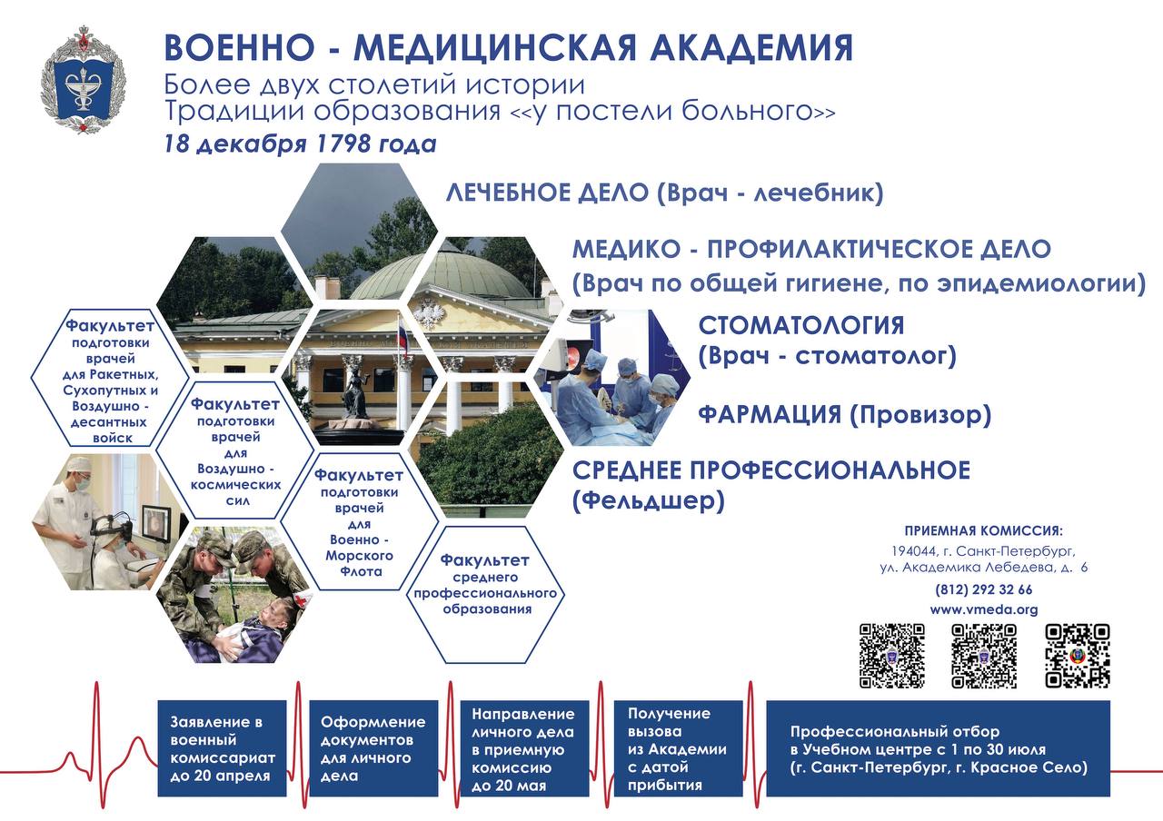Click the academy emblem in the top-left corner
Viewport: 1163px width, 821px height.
(x=83, y=80)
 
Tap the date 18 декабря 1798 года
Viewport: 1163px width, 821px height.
(x=300, y=143)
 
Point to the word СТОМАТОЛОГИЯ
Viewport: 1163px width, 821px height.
(x=801, y=325)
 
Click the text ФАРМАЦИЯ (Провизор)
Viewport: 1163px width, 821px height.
(x=844, y=415)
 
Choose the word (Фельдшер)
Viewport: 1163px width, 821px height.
(x=648, y=501)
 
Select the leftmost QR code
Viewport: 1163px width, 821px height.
(x=891, y=656)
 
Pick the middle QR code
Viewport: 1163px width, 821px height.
(x=984, y=656)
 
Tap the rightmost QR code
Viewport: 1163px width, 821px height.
(x=1078, y=656)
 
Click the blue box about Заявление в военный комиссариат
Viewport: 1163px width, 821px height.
(x=222, y=748)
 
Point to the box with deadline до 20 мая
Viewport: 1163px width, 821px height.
(x=524, y=748)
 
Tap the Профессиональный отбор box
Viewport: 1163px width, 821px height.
(x=938, y=748)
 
